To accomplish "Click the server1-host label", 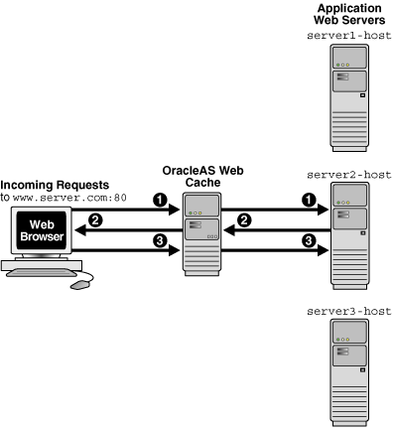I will [351, 35].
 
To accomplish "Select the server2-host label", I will [351, 174].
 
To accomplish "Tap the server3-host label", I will [351, 311].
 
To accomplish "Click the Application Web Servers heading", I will [351, 13].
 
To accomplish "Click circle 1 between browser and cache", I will [131, 201].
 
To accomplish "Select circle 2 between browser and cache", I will [95, 220].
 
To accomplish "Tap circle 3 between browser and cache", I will [131, 239].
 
